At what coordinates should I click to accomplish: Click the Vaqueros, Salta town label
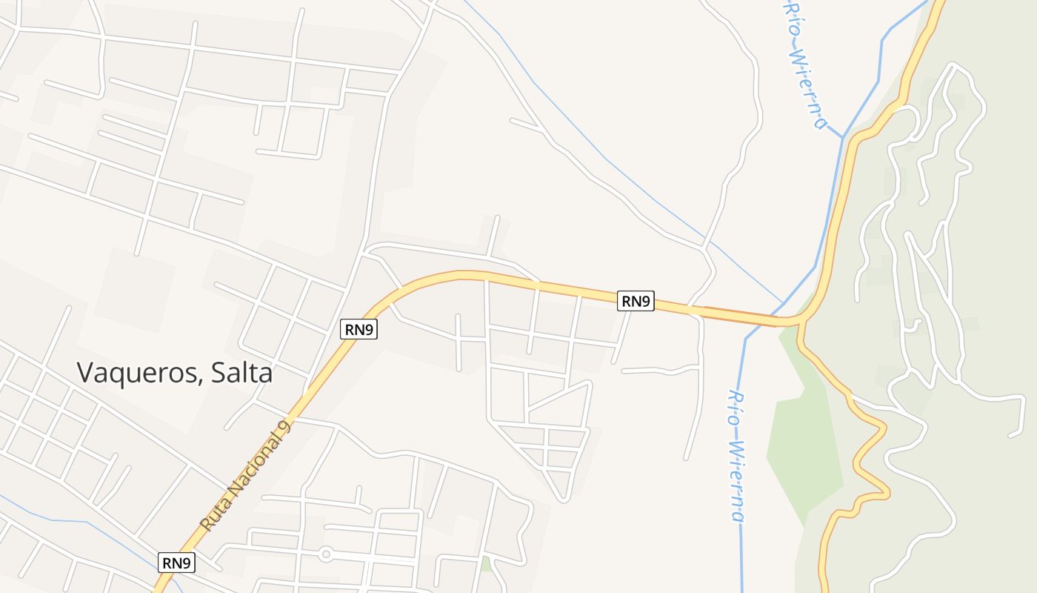tap(175, 372)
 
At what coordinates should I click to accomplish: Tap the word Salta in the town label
tap(241, 372)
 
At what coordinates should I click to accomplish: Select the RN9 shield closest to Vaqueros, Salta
tap(359, 330)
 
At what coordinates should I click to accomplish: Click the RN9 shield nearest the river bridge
tap(636, 301)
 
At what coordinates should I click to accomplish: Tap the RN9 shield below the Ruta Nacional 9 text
tap(177, 563)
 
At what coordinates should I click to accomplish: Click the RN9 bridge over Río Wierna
tap(748, 318)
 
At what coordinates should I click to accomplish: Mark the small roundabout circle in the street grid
tap(325, 554)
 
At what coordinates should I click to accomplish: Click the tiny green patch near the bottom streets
tap(486, 564)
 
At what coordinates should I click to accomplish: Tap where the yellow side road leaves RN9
tap(799, 326)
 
